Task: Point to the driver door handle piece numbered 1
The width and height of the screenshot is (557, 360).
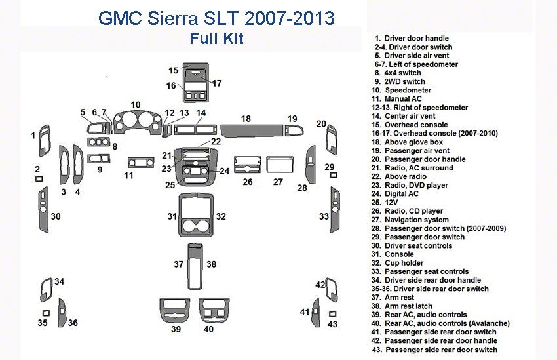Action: [45, 137]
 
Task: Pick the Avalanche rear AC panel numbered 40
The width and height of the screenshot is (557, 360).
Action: [212, 310]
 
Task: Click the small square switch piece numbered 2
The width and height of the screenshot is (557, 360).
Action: [39, 179]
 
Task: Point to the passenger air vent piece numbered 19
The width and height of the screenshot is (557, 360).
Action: [292, 129]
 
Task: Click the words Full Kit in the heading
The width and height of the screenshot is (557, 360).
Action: [216, 38]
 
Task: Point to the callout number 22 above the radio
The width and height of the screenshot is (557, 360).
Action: [216, 142]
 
